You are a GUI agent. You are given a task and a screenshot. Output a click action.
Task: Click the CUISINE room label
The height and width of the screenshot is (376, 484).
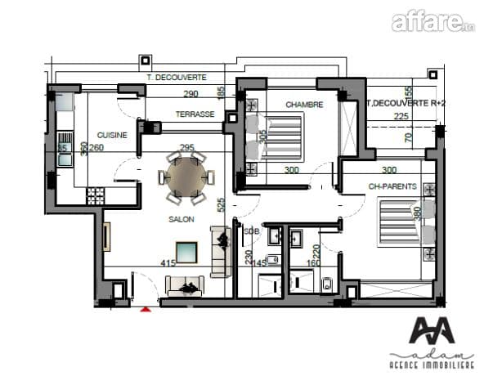(112, 136)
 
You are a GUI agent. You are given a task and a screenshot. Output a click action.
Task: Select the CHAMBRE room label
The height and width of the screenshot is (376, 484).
(304, 105)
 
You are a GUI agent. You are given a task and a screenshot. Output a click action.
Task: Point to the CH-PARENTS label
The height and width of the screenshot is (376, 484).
(393, 186)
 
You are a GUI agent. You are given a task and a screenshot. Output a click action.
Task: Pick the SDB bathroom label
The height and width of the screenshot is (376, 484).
(250, 231)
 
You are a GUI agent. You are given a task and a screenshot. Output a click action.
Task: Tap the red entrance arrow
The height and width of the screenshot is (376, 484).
(146, 309)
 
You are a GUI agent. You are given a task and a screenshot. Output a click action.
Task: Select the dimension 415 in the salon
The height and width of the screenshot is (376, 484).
(168, 262)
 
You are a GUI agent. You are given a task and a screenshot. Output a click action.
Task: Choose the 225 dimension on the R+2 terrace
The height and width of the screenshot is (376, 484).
(401, 116)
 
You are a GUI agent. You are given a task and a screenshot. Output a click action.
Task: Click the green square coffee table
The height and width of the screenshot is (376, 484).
(187, 251)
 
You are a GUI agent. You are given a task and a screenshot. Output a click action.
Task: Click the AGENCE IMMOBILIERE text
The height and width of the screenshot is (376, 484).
(431, 364)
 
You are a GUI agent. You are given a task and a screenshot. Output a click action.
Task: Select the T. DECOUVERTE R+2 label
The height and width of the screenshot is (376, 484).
(406, 103)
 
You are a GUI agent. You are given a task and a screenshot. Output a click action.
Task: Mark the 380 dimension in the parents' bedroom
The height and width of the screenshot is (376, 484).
(419, 214)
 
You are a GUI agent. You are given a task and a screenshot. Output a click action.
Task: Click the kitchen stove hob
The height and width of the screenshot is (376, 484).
(96, 196)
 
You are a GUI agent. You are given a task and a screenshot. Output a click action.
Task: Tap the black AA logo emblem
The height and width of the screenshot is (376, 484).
(431, 332)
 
